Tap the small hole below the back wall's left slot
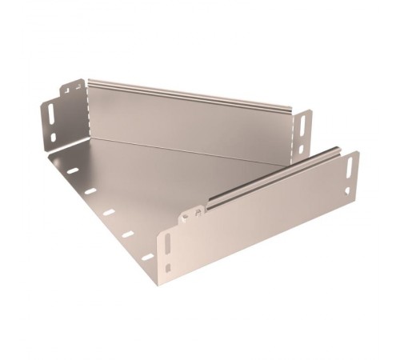pyautogui.click(x=54, y=137)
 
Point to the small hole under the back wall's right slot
pyautogui.click(x=301, y=147)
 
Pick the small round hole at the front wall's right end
pyautogui.click(x=347, y=190)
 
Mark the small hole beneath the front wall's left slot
pyautogui.click(x=167, y=266)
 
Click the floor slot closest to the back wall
pyautogui.click(x=73, y=170)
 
